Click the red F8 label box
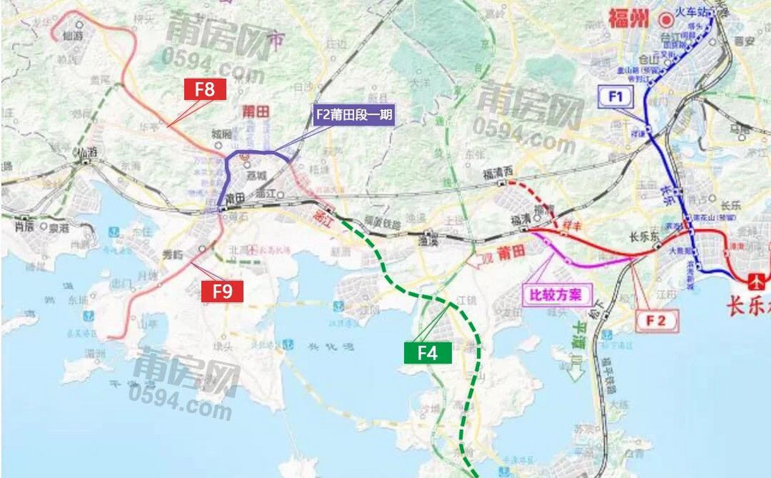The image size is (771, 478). [x=205, y=90]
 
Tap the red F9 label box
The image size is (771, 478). [x=222, y=291]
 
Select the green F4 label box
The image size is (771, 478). [x=428, y=353]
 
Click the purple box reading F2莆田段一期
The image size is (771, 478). [x=353, y=114]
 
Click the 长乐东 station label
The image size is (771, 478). [x=640, y=237]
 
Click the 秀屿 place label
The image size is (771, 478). [x=173, y=255]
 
